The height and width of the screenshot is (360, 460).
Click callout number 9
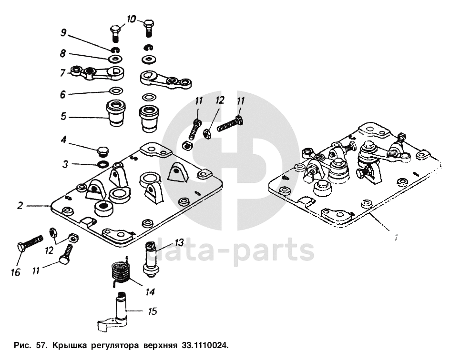pos(63,33)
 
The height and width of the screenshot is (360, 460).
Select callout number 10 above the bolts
pos(132,19)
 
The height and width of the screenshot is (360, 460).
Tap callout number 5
pos(63,117)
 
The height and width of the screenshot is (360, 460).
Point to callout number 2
pos(20,206)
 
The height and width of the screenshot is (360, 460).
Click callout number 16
pos(16,272)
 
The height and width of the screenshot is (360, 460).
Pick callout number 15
pos(152,312)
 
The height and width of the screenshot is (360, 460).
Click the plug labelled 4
pos(102,152)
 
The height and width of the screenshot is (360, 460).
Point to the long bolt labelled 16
pos(29,244)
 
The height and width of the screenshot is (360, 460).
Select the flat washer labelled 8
pos(115,59)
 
